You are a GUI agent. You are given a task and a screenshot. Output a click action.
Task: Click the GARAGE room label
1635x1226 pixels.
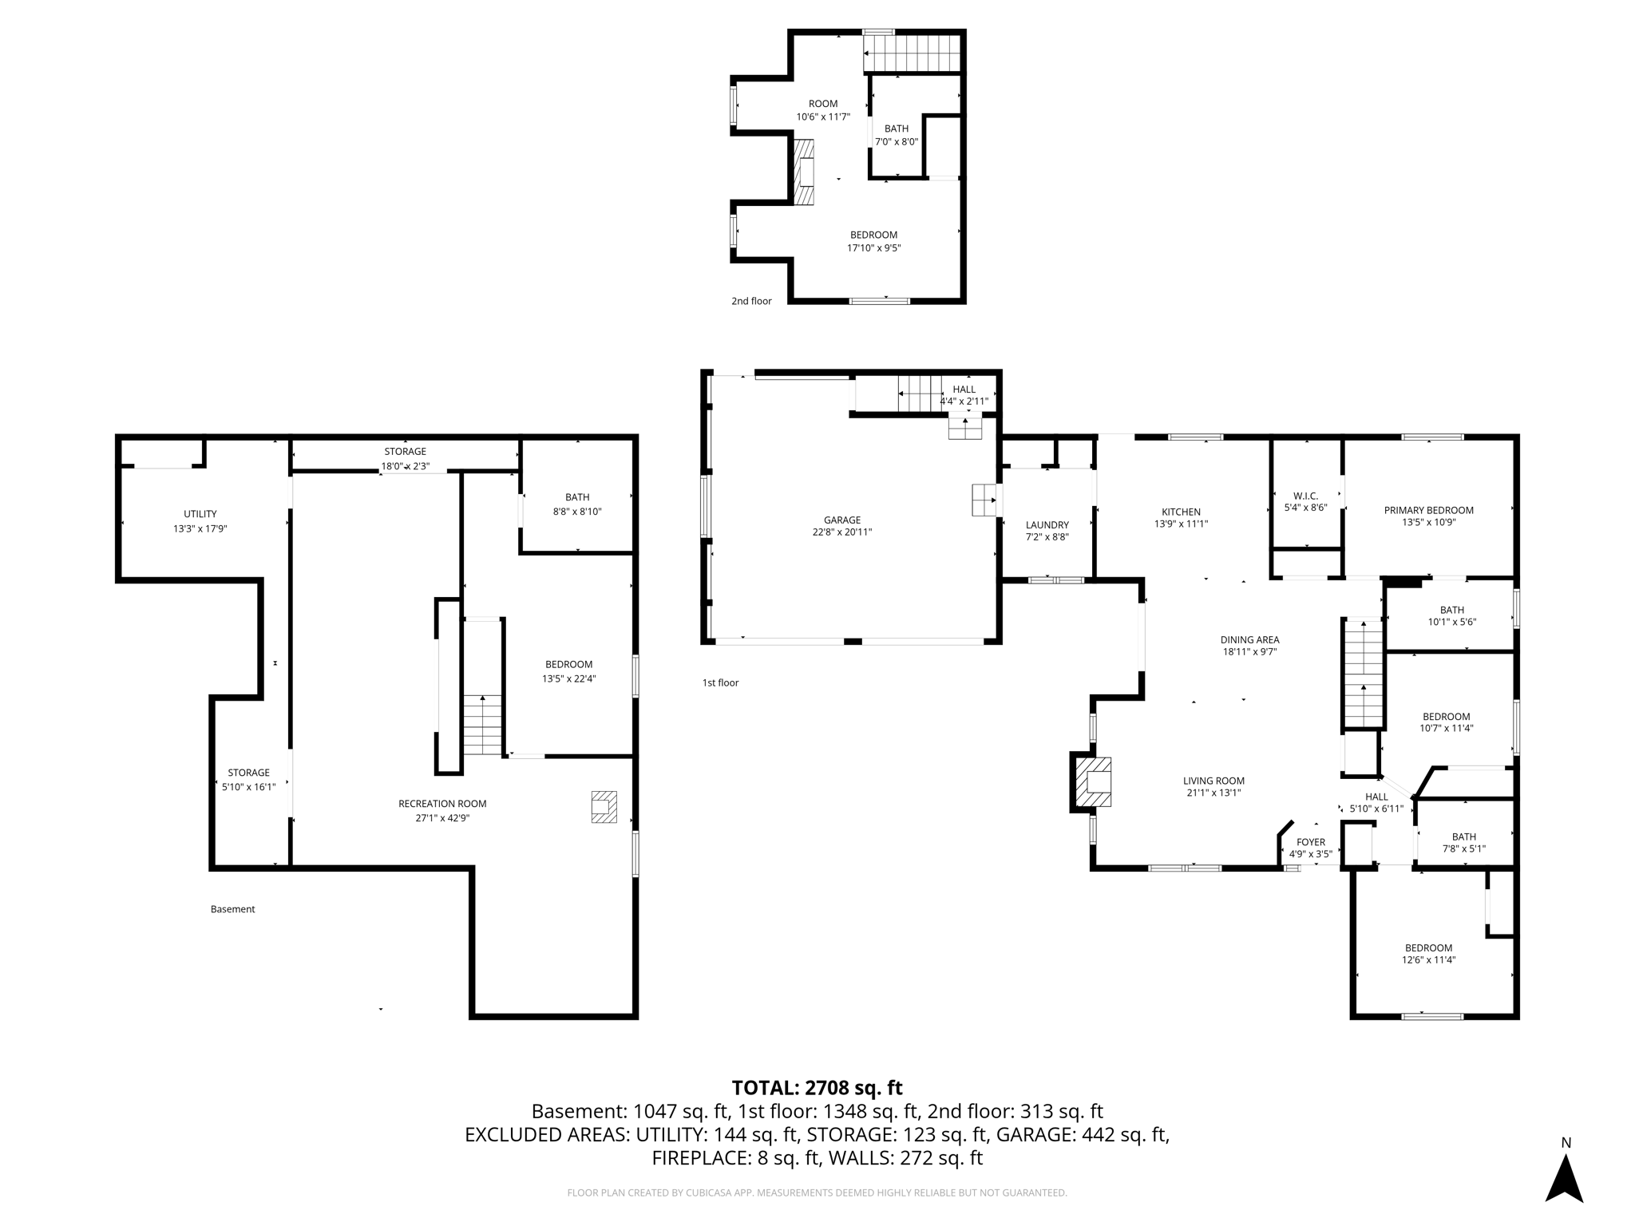pos(841,520)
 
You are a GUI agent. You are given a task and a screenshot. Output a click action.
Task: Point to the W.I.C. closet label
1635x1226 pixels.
pos(1305,496)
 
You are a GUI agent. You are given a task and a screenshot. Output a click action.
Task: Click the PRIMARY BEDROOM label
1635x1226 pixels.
pos(1428,510)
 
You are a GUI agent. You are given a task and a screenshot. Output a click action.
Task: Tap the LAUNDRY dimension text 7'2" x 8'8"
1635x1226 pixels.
pos(1047,537)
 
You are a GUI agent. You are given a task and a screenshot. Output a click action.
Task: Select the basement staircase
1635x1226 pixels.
pos(482,724)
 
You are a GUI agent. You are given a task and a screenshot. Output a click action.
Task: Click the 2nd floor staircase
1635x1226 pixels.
pos(912,53)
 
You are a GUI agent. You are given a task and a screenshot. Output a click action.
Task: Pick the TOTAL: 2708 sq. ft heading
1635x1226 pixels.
pos(817,1087)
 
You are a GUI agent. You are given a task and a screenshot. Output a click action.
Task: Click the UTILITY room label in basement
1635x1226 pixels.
pos(200,514)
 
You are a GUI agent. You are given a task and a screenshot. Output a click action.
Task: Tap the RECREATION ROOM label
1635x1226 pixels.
pos(442,804)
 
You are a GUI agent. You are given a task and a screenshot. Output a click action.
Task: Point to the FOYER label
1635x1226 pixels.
pos(1310,842)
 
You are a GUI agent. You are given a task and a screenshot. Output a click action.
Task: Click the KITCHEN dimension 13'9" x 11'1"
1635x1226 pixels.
pos(1181,524)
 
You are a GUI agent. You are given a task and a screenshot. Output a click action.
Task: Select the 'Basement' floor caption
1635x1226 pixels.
pos(232,909)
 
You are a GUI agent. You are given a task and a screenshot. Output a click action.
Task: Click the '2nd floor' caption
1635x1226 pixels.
pos(751,301)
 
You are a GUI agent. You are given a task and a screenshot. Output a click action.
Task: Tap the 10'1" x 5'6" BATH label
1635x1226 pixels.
pos(1451,622)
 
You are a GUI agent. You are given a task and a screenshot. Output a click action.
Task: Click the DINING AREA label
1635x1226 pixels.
pos(1249,639)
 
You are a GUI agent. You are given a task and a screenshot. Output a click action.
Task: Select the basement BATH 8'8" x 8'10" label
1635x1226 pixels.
pos(576,512)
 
